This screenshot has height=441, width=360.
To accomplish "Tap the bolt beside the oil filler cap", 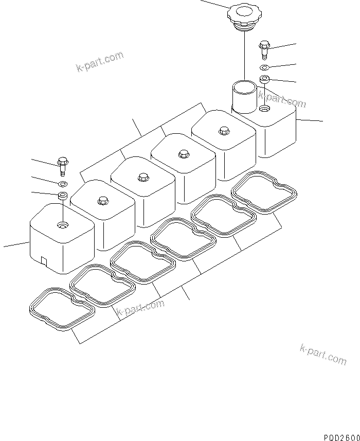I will pyautogui.click(x=265, y=49).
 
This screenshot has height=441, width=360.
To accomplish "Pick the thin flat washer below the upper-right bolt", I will pyautogui.click(x=264, y=68).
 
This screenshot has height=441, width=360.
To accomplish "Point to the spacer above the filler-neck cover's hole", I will pyautogui.click(x=264, y=80).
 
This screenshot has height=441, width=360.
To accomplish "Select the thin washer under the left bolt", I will pyautogui.click(x=62, y=183).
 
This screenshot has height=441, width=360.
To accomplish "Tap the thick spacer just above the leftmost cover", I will pyautogui.click(x=62, y=195).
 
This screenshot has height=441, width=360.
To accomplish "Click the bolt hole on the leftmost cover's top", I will pyautogui.click(x=62, y=224).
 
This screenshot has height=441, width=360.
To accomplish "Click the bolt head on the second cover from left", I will pyautogui.click(x=102, y=200).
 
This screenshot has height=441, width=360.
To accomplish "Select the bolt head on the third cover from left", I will pyautogui.click(x=143, y=177).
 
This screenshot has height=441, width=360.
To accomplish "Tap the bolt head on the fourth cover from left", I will pyautogui.click(x=183, y=153).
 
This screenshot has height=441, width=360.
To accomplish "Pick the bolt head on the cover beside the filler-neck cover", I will pyautogui.click(x=223, y=131).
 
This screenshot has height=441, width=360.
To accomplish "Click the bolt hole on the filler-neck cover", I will pyautogui.click(x=264, y=109).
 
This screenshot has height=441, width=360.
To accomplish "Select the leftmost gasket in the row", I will pyautogui.click(x=62, y=308).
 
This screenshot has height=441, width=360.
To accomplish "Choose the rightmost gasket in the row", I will pyautogui.click(x=264, y=193).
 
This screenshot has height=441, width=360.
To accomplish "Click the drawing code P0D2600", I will pyautogui.click(x=341, y=436).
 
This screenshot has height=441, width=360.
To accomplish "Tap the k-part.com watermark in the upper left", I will pyautogui.click(x=100, y=62).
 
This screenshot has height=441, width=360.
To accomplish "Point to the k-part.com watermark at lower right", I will pyautogui.click(x=323, y=355).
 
